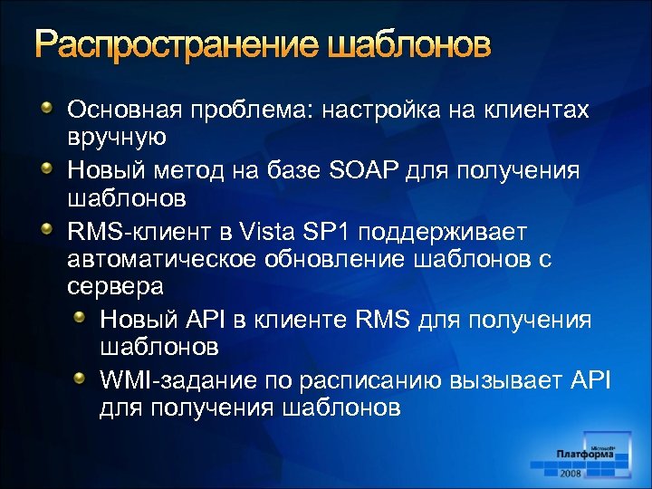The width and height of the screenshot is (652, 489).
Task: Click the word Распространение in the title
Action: (x=171, y=45)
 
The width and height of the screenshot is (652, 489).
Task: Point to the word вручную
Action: (x=116, y=137)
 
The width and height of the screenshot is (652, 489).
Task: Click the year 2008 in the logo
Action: (x=570, y=472)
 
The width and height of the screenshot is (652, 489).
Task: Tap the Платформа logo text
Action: (x=585, y=455)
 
